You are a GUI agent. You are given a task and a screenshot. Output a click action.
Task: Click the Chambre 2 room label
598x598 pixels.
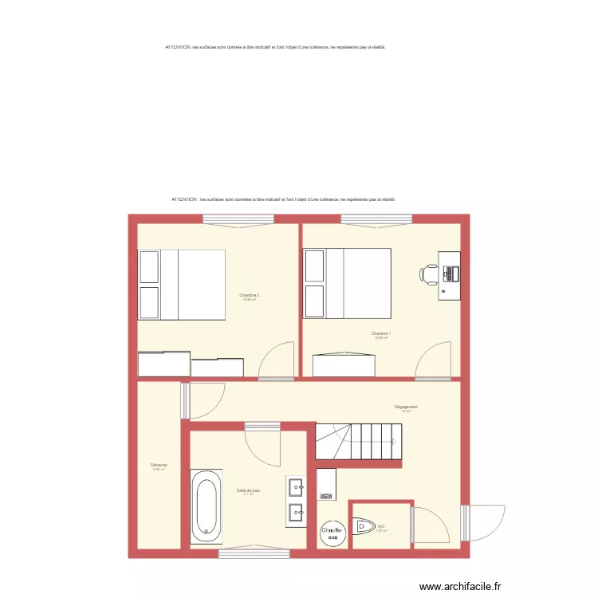[x=250, y=295]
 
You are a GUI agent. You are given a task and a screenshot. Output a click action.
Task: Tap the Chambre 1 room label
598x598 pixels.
[x=380, y=333]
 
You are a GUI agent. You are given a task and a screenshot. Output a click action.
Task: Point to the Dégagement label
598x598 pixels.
[x=406, y=407]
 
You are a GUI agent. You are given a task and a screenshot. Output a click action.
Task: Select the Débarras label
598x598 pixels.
[x=158, y=466]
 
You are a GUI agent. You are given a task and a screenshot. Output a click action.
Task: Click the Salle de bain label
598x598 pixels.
[x=248, y=490]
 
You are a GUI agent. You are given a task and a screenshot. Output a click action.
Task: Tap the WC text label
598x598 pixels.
[x=381, y=526]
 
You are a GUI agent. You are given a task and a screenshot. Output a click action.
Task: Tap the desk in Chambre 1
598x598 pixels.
[x=450, y=274]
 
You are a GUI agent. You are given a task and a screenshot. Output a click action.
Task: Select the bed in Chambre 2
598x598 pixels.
[x=182, y=285]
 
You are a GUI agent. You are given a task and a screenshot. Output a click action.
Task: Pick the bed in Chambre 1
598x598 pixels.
[x=348, y=283]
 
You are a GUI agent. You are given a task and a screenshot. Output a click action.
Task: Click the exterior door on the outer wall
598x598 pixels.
[x=484, y=522]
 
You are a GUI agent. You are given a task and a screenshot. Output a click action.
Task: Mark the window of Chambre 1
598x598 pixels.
[x=376, y=219]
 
